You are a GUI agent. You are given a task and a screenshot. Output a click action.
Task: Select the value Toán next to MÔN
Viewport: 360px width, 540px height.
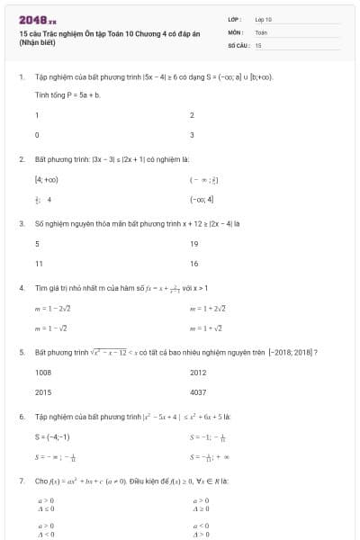click(x=261, y=31)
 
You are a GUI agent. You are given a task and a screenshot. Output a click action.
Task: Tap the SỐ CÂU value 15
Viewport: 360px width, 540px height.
click(x=258, y=44)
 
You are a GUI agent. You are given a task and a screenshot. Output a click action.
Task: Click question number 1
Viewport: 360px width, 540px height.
click(x=21, y=77)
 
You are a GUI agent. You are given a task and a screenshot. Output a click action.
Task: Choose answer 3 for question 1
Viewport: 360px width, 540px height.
click(x=193, y=135)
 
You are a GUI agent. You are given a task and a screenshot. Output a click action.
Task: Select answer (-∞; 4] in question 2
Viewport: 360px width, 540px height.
click(x=202, y=199)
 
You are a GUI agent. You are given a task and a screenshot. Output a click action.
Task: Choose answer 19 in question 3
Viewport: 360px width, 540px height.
click(x=194, y=243)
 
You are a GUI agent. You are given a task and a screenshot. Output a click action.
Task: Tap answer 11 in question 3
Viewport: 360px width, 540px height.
click(x=39, y=263)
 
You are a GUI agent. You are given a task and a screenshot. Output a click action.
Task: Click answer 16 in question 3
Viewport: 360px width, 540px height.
click(x=194, y=263)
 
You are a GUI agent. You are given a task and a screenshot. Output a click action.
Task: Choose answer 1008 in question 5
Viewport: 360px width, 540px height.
click(x=43, y=373)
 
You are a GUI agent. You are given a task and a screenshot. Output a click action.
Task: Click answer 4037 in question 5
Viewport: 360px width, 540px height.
click(x=199, y=392)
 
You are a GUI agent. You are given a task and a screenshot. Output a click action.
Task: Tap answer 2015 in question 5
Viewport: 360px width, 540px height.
click(x=43, y=392)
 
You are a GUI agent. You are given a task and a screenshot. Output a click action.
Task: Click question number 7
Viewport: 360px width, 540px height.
click(x=21, y=481)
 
